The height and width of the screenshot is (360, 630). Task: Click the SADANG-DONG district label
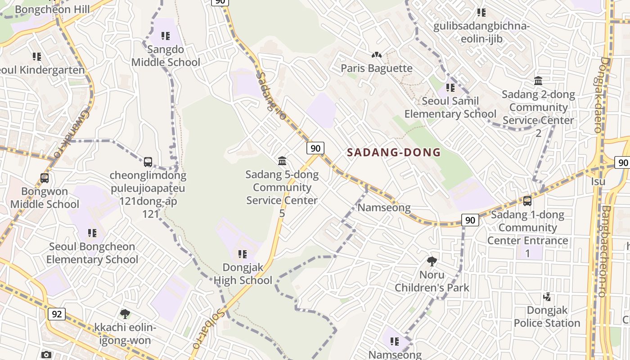click(394, 152)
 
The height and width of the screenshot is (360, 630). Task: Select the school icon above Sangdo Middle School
click(166, 36)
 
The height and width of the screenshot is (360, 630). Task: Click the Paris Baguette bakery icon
click(376, 55)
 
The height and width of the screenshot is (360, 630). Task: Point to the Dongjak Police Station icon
click(547, 297)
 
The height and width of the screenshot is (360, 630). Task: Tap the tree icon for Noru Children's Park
click(432, 261)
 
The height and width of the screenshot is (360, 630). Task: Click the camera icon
click(46, 355)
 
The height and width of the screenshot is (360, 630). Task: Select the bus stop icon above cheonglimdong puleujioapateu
click(148, 162)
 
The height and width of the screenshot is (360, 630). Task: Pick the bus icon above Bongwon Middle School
click(44, 178)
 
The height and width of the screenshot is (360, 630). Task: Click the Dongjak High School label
click(243, 274)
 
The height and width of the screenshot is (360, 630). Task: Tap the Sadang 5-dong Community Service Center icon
click(282, 161)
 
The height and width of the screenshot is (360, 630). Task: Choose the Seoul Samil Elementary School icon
click(450, 87)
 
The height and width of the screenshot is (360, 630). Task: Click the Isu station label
click(598, 181)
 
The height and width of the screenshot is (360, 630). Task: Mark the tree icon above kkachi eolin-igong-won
click(125, 314)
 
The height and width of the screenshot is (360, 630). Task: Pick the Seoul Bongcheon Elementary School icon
click(92, 233)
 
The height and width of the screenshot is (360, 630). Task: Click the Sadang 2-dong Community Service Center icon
click(538, 81)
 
